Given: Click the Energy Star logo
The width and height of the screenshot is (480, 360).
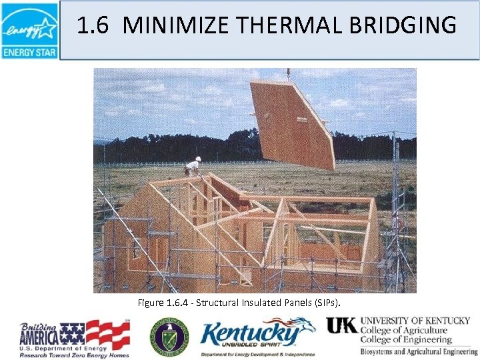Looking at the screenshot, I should coord(29,30).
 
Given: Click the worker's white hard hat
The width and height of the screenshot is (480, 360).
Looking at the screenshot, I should coord(198,159).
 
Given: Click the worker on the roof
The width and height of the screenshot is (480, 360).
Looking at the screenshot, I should coord(193,167).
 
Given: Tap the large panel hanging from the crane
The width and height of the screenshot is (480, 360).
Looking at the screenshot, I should coord(293,123).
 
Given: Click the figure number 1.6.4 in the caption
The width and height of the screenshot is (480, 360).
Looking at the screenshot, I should coord(179,303).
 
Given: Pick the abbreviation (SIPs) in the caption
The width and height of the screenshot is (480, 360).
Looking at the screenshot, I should coord(325,303).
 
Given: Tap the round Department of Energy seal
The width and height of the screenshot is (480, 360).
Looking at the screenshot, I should coord(169,335).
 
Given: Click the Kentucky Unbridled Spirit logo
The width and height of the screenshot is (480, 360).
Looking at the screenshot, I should coord(257,337).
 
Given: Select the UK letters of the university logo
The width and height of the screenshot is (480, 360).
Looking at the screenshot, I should coord(342,325).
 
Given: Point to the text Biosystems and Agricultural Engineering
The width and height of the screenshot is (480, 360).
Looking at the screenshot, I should coord(419,351).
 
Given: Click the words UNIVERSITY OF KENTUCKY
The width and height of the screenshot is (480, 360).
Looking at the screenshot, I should coord(415,321).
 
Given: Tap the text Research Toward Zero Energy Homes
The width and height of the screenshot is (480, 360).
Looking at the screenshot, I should coord(74,355).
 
